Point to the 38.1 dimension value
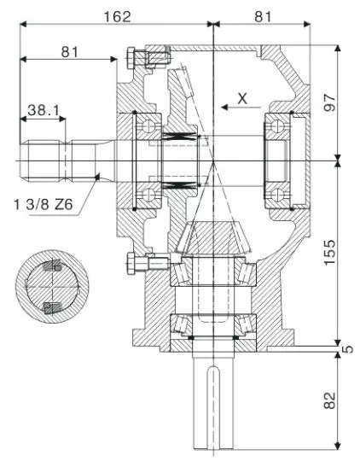point(43,109)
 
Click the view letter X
point(242,99)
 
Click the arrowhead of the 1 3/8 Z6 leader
point(100,176)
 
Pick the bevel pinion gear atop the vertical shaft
point(210,239)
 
